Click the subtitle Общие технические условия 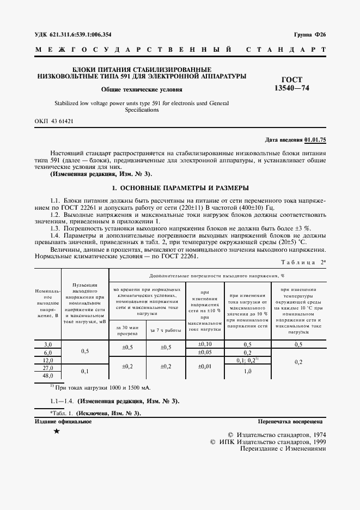141,89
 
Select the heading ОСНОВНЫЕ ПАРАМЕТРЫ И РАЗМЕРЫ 180,188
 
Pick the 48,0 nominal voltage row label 48,375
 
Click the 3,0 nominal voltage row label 48,344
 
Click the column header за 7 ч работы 166,330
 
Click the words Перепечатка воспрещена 291,421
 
